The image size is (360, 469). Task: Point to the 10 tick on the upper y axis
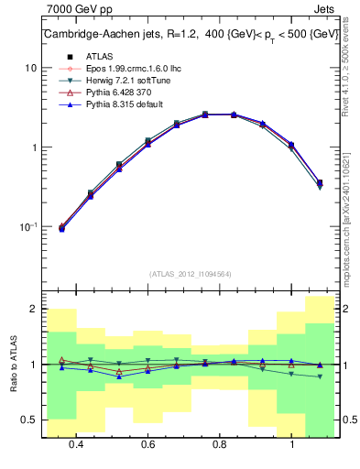click(x=30, y=69)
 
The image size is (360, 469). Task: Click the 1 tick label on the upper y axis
click(x=33, y=147)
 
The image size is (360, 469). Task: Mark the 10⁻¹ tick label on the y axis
click(x=28, y=226)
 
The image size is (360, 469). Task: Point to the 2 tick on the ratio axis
click(x=33, y=310)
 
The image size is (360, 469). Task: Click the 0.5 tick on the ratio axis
click(x=28, y=420)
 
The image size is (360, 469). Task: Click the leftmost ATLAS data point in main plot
click(x=62, y=227)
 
